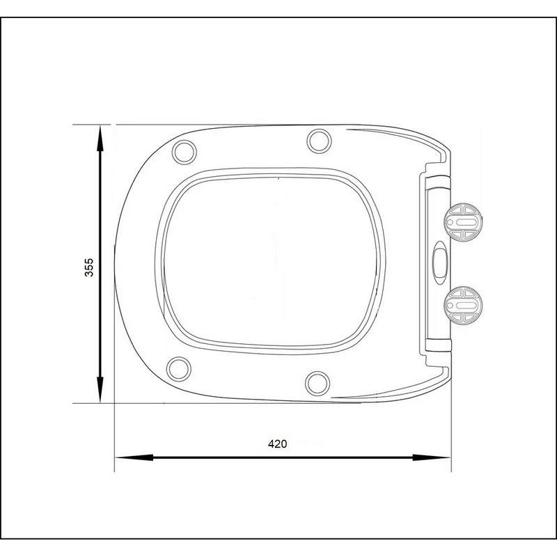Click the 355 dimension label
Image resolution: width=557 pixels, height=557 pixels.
(x=89, y=267)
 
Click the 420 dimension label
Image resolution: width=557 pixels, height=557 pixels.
(x=277, y=444)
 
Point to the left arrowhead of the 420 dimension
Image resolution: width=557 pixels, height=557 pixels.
(x=134, y=457)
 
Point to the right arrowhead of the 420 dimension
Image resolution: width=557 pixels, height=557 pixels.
(x=432, y=457)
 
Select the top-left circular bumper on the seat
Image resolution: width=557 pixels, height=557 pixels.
(x=184, y=152)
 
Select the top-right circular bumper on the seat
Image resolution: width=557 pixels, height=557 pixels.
(x=320, y=141)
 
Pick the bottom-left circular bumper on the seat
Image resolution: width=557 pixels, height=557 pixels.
(x=179, y=369)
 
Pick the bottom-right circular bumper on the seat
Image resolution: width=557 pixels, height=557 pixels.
(x=317, y=384)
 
